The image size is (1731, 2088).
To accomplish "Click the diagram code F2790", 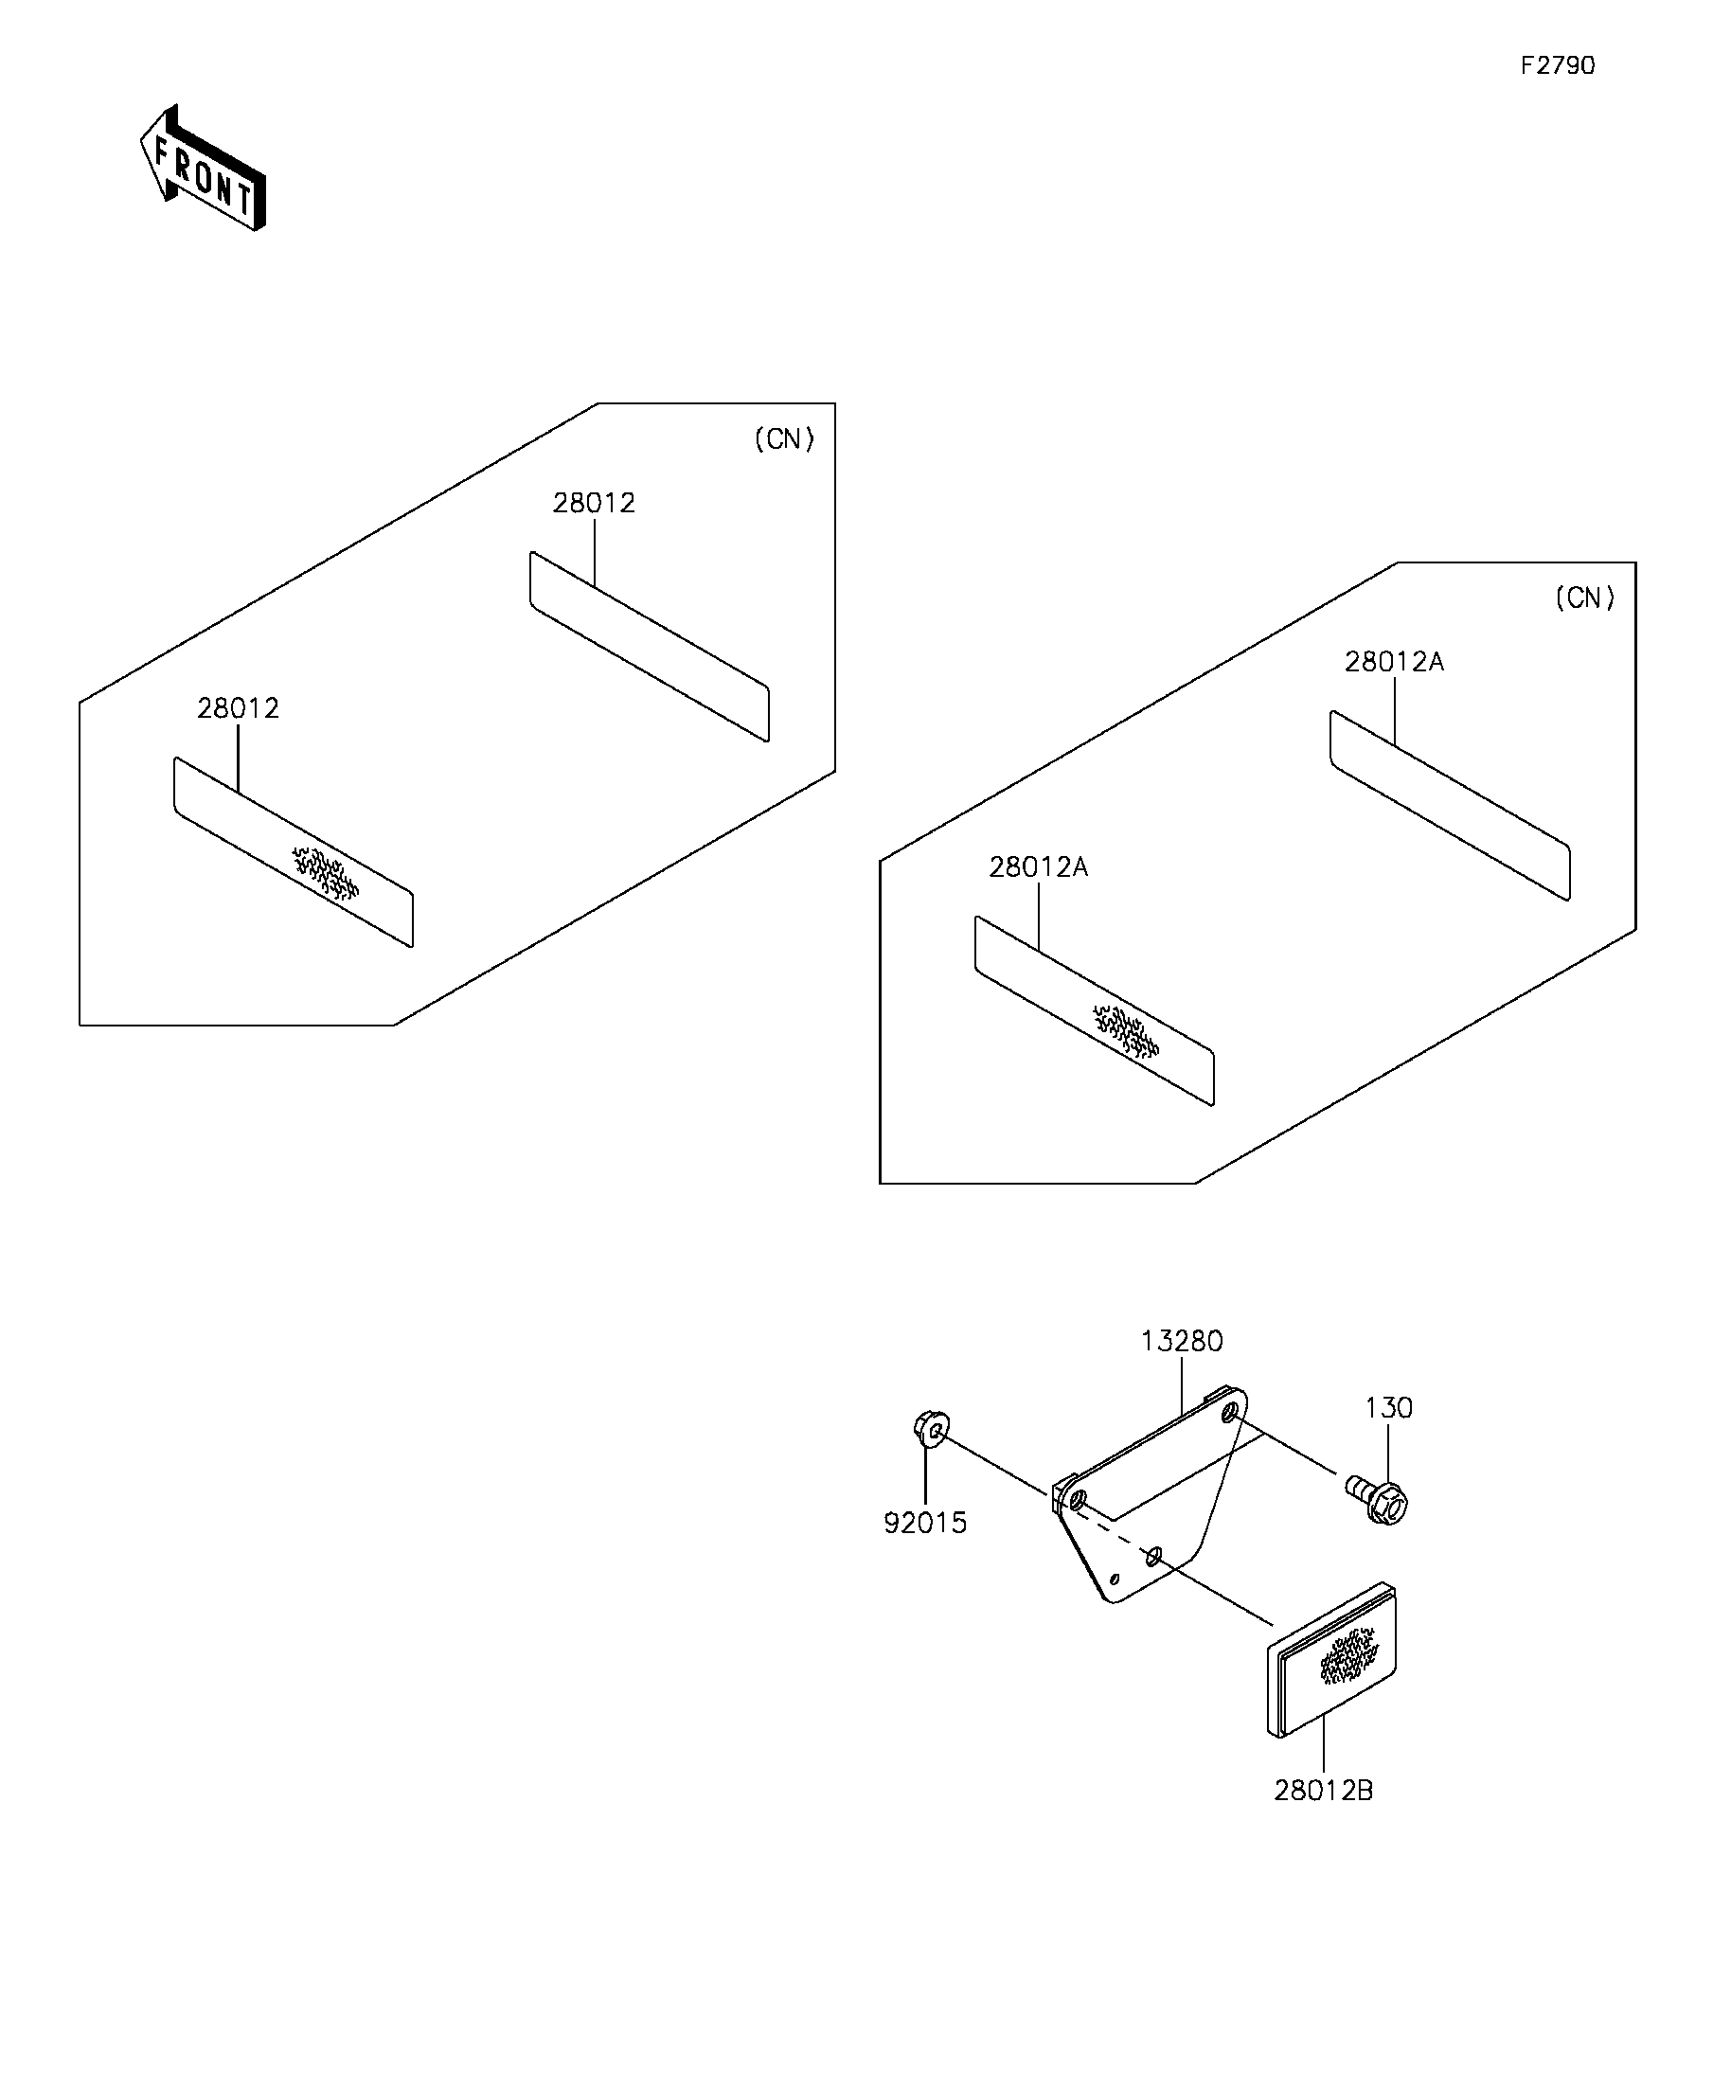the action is tap(1557, 65).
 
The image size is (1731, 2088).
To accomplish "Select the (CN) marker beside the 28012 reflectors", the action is tap(784, 439).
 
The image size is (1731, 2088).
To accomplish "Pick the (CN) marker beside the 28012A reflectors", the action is tap(1585, 598).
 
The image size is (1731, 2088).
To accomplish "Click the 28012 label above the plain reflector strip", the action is tap(594, 503).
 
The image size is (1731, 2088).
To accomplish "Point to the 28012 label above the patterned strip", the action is tap(238, 708).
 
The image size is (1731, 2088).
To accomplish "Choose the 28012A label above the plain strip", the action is tap(1394, 661).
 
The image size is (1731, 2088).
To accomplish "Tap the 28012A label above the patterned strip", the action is tap(1038, 867).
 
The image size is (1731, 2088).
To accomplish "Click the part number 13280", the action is tap(1181, 1341).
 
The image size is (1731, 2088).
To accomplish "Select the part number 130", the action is tap(1388, 1408).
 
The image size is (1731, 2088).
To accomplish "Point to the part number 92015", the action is tap(924, 1524).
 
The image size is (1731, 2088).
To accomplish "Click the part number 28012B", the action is tap(1324, 1791).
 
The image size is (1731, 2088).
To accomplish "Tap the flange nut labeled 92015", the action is tap(932, 1430).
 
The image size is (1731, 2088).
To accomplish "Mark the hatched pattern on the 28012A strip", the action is tap(1127, 1031).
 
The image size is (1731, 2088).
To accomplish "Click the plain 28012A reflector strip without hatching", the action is tap(1450, 805).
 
